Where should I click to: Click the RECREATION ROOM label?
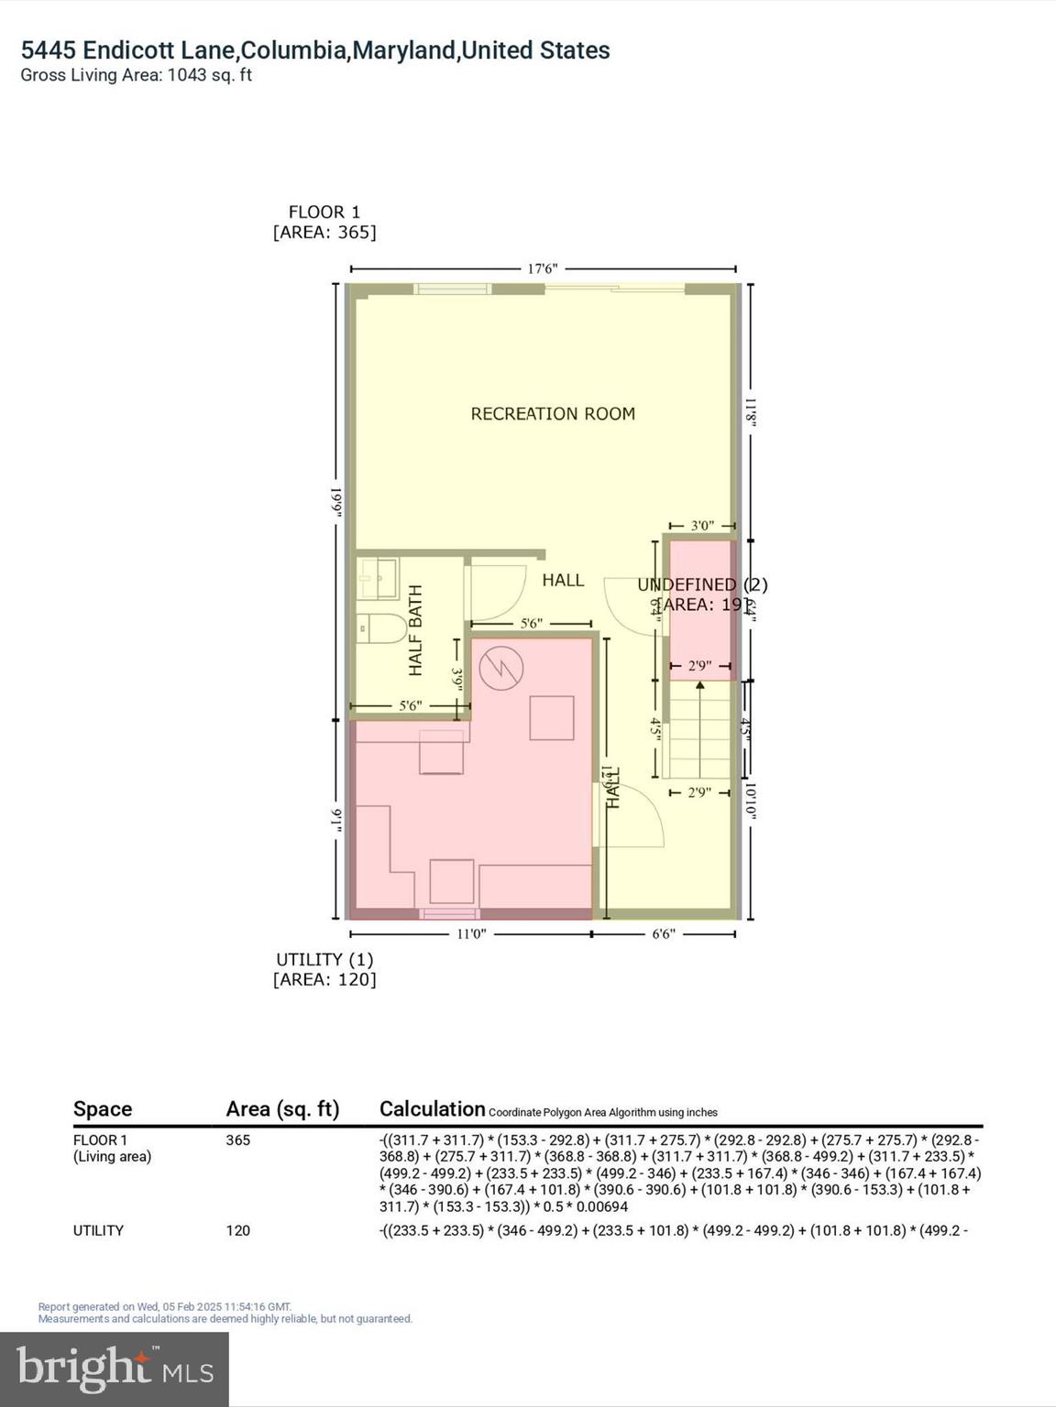point(553,414)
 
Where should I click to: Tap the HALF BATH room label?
point(416,630)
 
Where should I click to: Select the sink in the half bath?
point(377,577)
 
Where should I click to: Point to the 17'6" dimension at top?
point(542,269)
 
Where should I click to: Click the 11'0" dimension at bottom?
point(470,934)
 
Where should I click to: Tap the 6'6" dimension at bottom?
point(663,934)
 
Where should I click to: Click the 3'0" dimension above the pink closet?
point(701,526)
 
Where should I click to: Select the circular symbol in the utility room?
point(501,668)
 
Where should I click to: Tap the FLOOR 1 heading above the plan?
point(324,213)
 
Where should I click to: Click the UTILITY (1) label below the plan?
point(324,959)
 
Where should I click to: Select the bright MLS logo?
point(115,1369)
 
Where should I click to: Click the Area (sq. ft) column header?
point(282,1109)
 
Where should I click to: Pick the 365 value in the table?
point(238,1140)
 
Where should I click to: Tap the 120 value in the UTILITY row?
point(238,1230)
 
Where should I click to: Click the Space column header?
point(103,1109)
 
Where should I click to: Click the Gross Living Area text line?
point(137,75)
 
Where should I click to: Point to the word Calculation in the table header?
point(432,1109)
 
